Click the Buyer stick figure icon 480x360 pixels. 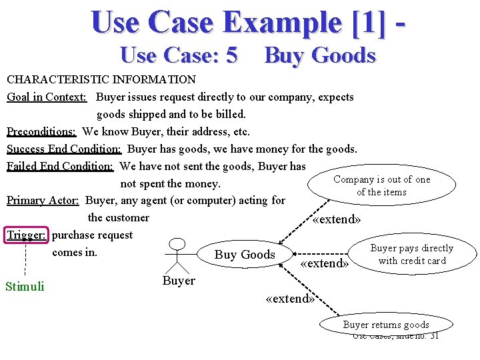pos(177,254)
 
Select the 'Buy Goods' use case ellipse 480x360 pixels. pos(245,255)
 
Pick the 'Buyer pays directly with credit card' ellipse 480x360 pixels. pos(411,255)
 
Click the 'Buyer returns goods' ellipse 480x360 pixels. pos(386,325)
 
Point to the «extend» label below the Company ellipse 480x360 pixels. pos(337,220)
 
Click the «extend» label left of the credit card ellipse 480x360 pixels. pos(325,263)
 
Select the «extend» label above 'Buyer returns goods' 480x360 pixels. pos(289,299)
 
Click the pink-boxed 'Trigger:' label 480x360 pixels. pos(27,235)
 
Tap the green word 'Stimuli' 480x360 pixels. pos(25,287)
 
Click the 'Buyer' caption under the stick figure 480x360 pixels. pos(179,281)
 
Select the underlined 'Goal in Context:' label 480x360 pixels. pos(47,97)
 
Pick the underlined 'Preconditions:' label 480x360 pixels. pos(41,131)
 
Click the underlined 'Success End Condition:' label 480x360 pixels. pos(64,149)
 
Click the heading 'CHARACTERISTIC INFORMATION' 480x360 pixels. pos(101,79)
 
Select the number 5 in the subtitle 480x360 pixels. pos(231,55)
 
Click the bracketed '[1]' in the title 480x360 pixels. pos(363,22)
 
